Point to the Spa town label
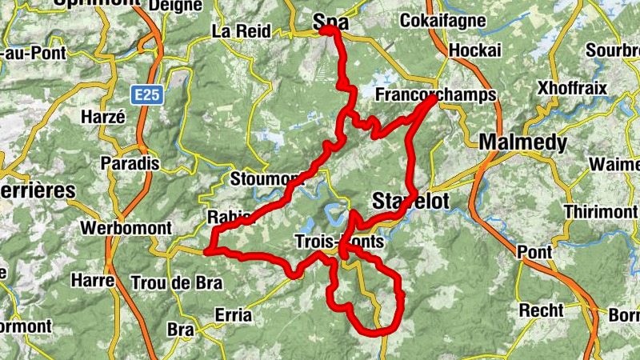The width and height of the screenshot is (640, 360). [331, 23]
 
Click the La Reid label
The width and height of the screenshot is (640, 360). [238, 32]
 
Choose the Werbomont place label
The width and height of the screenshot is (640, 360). [126, 228]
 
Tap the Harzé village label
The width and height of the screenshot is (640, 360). [103, 117]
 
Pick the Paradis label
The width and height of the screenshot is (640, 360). [130, 163]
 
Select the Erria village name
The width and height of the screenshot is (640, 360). [233, 315]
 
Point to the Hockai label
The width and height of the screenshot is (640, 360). [475, 50]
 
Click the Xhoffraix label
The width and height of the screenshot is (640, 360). [573, 86]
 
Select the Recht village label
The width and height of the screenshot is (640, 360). [542, 310]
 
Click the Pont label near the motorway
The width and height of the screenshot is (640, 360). [534, 253]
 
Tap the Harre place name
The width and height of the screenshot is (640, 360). [93, 281]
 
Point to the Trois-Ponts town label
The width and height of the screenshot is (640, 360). [339, 241]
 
